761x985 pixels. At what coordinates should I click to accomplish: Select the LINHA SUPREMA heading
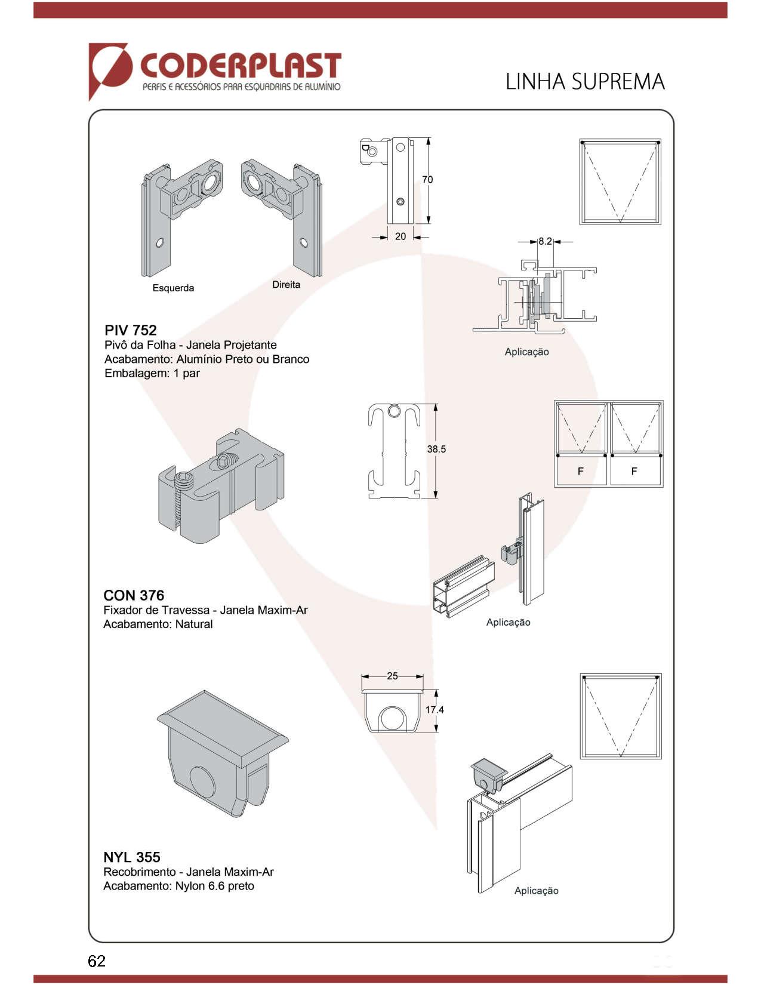585,81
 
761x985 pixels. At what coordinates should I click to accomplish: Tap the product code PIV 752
131,330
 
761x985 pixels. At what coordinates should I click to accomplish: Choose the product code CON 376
134,595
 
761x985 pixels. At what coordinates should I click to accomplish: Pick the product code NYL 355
132,857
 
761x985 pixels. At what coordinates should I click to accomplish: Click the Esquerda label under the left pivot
173,288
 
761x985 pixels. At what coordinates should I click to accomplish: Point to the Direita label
286,285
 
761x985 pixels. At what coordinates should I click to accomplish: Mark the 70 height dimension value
427,180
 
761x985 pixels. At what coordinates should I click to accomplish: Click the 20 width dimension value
400,236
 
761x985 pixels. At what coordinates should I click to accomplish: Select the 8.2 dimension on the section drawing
545,242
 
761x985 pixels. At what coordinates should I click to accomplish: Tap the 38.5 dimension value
436,449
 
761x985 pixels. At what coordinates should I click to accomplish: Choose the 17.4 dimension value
435,710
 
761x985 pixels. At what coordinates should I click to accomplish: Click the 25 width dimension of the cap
392,676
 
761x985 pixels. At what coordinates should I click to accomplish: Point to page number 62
97,961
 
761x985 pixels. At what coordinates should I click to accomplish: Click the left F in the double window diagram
581,472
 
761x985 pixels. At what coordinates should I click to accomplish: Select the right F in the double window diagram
634,472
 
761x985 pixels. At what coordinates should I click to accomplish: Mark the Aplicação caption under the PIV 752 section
526,352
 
